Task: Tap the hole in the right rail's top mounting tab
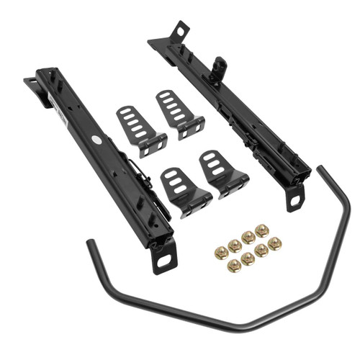(176, 31)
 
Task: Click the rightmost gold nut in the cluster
(274, 243)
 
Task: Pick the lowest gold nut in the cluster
(233, 266)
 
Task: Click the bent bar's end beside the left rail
(91, 245)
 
